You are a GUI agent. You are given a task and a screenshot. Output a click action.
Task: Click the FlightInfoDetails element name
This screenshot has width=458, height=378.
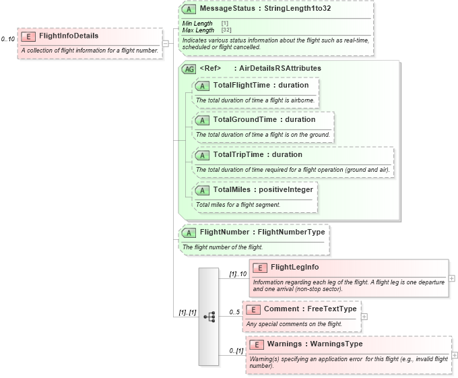(x=68, y=36)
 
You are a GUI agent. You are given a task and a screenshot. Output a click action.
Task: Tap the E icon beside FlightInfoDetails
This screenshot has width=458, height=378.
(x=28, y=36)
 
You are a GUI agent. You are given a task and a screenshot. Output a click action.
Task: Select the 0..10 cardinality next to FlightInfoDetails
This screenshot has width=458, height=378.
(x=8, y=39)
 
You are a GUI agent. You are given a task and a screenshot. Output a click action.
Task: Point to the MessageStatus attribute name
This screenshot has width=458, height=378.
(x=225, y=9)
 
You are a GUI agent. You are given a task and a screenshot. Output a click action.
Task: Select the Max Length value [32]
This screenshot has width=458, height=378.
(x=227, y=30)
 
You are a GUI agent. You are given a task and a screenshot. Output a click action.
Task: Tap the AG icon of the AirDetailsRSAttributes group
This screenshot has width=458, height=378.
(x=189, y=68)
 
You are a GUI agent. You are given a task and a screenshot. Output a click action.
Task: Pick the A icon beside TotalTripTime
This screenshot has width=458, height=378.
(x=202, y=155)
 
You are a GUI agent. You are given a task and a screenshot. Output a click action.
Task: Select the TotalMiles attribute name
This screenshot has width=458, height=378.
(x=232, y=189)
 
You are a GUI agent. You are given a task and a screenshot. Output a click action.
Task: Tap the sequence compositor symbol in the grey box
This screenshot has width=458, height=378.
(x=209, y=316)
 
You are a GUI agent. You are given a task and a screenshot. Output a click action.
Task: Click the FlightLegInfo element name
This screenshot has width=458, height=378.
(x=294, y=267)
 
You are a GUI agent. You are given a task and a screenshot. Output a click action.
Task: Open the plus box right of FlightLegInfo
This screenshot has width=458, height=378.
(x=452, y=278)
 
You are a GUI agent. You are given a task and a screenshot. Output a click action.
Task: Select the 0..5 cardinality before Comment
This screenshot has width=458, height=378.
(x=234, y=312)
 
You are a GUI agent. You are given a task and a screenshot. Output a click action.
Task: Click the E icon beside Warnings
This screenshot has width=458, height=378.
(x=257, y=344)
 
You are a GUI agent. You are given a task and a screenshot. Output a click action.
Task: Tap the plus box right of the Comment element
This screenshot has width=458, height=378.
(x=364, y=316)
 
